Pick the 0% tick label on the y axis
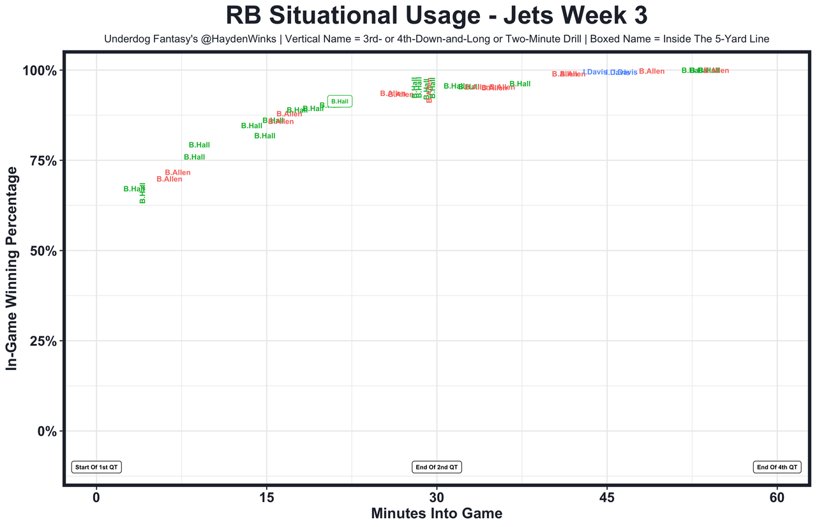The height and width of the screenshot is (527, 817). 48,431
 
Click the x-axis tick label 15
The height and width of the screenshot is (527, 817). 266,498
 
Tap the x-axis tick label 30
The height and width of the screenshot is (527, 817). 437,498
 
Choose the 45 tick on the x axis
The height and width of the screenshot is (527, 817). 607,498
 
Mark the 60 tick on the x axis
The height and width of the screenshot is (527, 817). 777,498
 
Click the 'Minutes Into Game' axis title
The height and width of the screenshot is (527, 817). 437,514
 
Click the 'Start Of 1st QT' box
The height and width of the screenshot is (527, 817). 96,467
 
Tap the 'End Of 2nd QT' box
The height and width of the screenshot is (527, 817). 437,467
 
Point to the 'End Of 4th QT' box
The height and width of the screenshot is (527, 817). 777,467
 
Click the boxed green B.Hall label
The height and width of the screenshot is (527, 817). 340,101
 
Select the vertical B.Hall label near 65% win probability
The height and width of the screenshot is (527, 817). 142,193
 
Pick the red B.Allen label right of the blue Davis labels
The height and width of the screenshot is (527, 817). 652,71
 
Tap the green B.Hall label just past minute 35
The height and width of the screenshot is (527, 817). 520,84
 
